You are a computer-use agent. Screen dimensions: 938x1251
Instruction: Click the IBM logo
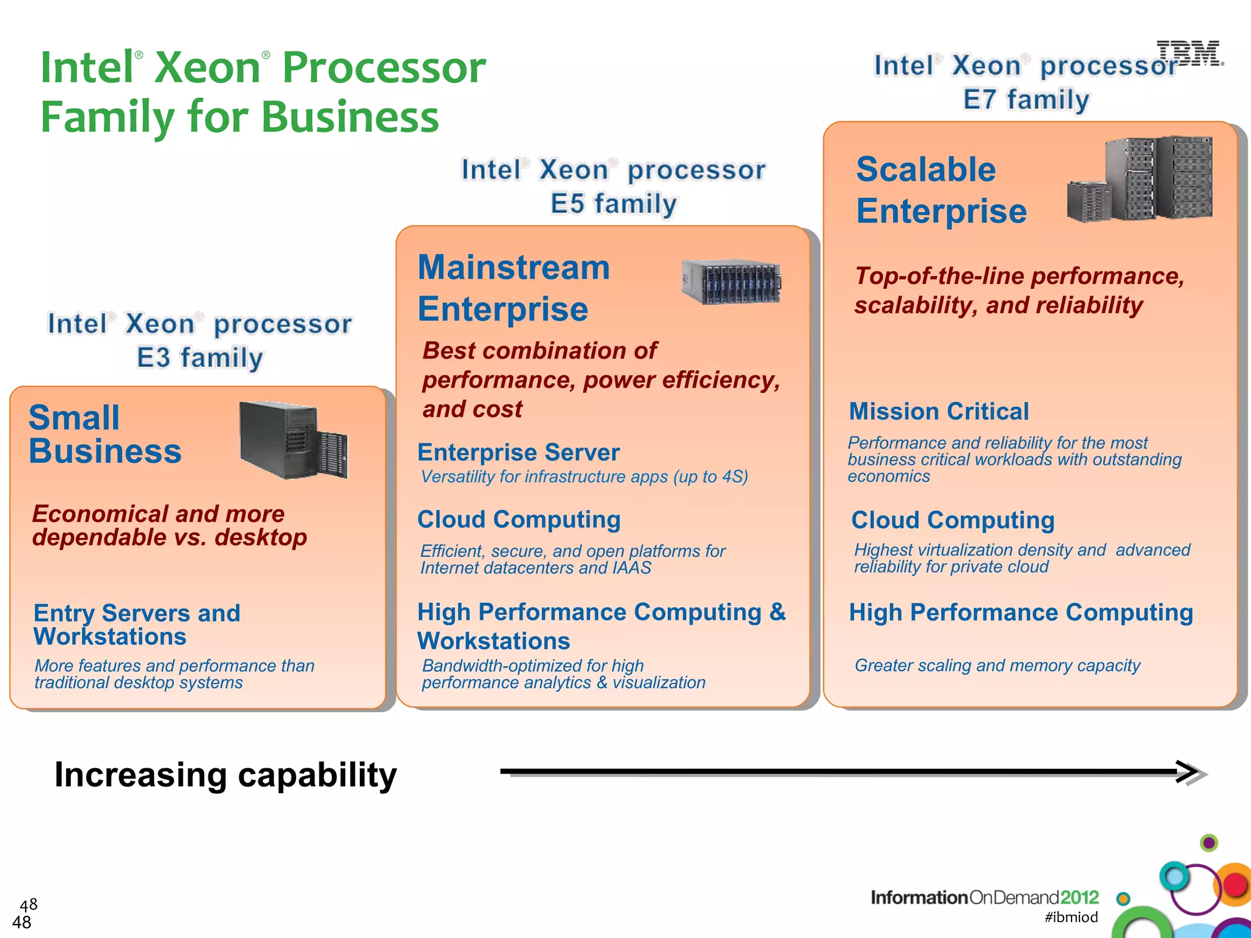pos(1189,53)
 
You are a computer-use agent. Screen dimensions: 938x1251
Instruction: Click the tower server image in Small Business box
pos(293,440)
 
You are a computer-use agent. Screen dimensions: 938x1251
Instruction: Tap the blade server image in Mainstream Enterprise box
pos(731,282)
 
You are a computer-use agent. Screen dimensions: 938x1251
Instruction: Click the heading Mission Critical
pos(939,412)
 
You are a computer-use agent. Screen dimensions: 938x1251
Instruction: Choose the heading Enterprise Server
pos(519,453)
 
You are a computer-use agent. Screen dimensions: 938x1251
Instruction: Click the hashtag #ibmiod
pos(1071,917)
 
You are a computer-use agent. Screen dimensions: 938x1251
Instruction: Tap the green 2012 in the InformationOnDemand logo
pos(1079,897)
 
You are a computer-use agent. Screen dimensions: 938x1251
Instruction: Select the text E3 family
pos(200,358)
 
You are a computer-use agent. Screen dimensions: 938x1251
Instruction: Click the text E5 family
pos(614,204)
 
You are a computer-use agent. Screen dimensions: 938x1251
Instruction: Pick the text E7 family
pos(1026,100)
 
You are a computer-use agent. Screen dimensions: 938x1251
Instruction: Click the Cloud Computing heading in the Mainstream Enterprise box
pos(519,520)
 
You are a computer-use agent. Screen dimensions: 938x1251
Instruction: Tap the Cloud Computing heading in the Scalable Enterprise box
pos(953,520)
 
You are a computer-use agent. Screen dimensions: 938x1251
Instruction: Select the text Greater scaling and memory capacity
pos(997,665)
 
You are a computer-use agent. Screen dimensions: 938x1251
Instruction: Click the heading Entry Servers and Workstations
pos(137,625)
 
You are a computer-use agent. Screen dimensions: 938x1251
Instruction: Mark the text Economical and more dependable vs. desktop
pos(169,526)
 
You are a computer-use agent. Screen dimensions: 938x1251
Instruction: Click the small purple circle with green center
pos(1209,843)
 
